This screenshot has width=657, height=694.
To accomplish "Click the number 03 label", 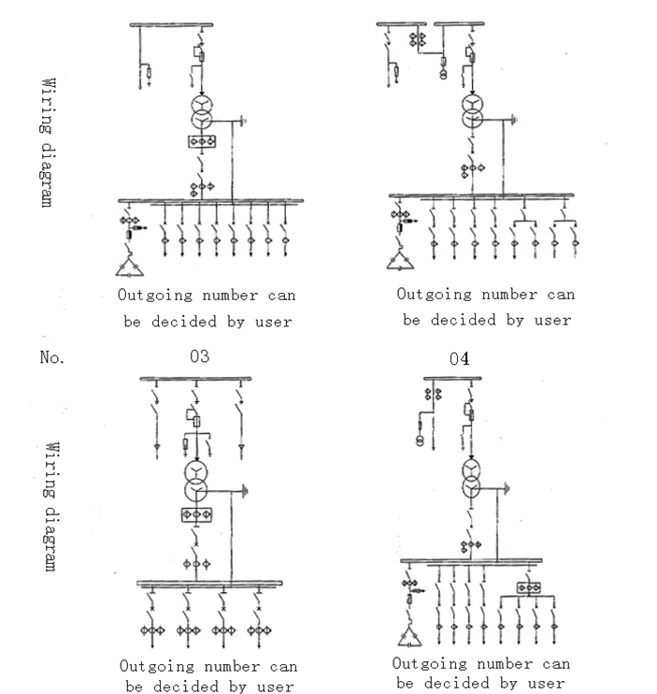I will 199,356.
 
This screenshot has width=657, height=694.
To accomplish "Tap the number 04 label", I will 459,359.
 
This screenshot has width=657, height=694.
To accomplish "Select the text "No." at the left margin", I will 52,357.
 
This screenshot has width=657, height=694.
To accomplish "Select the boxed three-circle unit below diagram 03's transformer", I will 195,515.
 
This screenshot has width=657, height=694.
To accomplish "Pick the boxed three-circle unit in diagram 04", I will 528,588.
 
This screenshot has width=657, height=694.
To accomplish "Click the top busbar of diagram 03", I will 195,378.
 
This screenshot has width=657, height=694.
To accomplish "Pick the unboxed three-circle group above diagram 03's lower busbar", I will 195,563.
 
